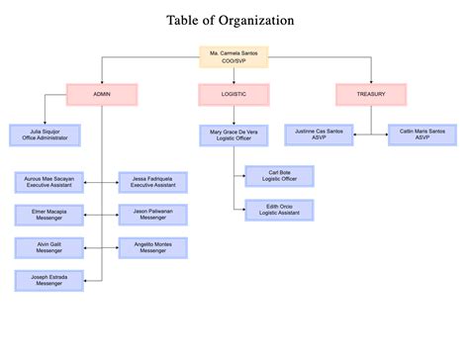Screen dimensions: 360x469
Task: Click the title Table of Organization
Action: (x=230, y=21)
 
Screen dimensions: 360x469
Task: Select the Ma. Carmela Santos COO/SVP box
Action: (x=234, y=56)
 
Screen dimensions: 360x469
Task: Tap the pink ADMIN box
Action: (x=102, y=95)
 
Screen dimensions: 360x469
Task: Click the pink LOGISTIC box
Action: (x=234, y=95)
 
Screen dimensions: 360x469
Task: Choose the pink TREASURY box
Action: (x=371, y=95)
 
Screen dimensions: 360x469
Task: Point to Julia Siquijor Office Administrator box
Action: (x=43, y=135)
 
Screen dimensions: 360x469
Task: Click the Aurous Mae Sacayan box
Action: (x=48, y=182)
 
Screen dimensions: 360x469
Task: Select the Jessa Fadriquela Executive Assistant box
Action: (x=153, y=182)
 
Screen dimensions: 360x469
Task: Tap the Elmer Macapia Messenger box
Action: (x=48, y=215)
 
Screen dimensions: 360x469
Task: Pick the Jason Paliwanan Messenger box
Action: (x=153, y=215)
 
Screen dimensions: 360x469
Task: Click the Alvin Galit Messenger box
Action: (x=48, y=248)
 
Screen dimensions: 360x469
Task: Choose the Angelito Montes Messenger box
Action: (x=153, y=248)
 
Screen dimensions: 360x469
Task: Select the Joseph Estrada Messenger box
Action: (x=48, y=280)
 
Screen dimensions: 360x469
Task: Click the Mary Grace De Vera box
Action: (x=234, y=135)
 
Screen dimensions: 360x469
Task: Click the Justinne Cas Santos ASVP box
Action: (x=318, y=135)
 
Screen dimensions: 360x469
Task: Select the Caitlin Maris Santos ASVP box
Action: (x=422, y=135)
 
